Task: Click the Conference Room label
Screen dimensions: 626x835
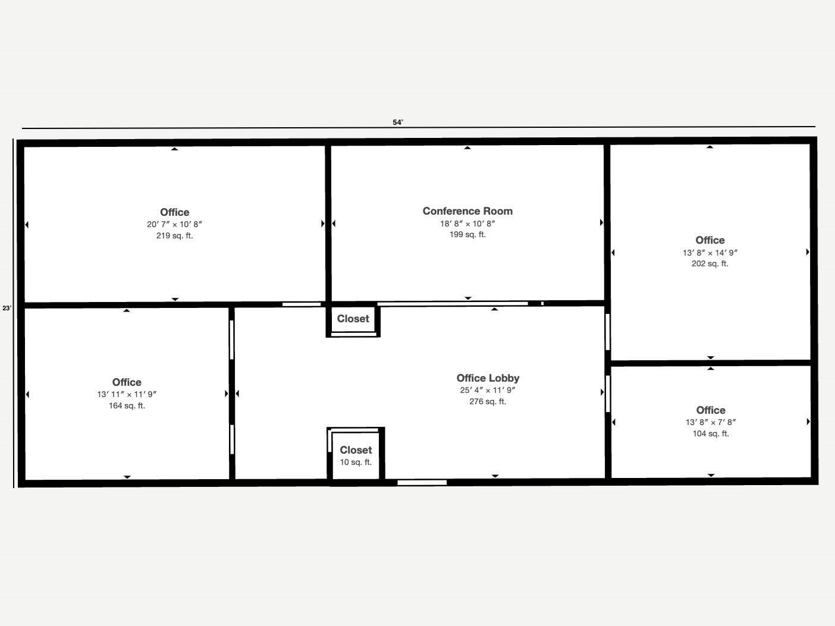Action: click(x=467, y=211)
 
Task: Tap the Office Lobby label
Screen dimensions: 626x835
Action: click(x=488, y=378)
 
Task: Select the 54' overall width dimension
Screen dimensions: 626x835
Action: click(x=398, y=122)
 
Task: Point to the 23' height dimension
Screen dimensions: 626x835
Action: click(x=7, y=308)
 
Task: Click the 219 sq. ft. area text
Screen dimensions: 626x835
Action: click(x=174, y=235)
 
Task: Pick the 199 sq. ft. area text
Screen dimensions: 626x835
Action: click(x=467, y=234)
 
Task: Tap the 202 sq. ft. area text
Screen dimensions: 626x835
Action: click(x=710, y=263)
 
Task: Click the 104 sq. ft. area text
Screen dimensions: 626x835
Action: click(x=711, y=433)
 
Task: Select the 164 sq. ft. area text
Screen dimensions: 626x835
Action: click(x=127, y=405)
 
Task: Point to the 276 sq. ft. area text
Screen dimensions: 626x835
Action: click(x=488, y=401)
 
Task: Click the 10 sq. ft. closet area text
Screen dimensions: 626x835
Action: click(x=356, y=462)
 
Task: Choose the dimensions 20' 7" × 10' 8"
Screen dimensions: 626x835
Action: click(x=174, y=224)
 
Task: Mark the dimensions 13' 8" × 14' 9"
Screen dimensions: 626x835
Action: click(x=710, y=253)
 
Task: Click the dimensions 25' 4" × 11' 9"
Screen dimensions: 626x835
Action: click(x=488, y=391)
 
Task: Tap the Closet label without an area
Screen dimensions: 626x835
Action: click(x=353, y=319)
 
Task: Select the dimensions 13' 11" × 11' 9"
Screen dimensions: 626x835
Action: click(x=127, y=394)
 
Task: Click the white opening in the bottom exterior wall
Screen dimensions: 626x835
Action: click(x=422, y=482)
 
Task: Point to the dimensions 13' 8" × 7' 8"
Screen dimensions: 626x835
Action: click(x=711, y=422)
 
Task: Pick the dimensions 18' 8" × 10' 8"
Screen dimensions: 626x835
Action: click(x=467, y=224)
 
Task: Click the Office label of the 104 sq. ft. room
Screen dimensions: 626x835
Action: click(x=711, y=410)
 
